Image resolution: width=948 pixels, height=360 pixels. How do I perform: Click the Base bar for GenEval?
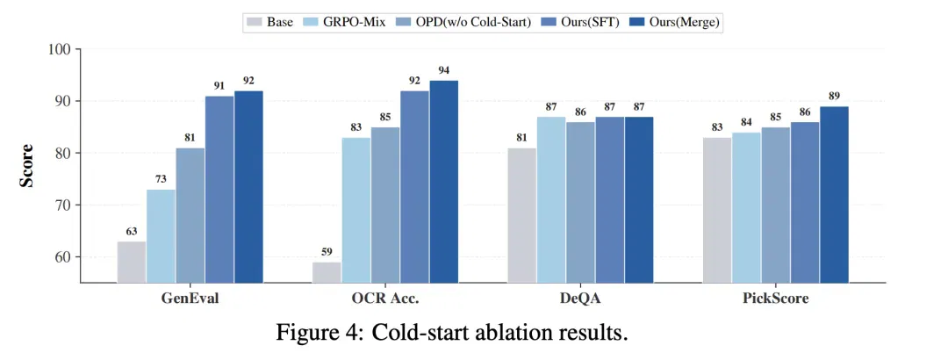(x=131, y=262)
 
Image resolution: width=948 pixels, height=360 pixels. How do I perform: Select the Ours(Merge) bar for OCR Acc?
(x=444, y=182)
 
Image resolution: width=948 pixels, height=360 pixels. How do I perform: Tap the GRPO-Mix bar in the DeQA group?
(x=551, y=199)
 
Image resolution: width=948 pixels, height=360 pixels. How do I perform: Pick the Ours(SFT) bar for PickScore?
(x=805, y=202)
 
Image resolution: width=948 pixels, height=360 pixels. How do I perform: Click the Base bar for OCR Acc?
(x=327, y=272)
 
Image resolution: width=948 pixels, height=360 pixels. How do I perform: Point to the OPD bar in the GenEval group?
(x=190, y=215)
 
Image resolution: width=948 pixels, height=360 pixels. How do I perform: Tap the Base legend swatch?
(x=255, y=22)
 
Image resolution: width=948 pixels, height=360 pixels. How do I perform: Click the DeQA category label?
(x=580, y=299)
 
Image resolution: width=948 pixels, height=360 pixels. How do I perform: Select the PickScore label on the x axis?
(x=776, y=299)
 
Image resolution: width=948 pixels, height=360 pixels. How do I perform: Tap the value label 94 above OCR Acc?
(x=444, y=71)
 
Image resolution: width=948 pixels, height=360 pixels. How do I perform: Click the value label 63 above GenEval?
(x=131, y=231)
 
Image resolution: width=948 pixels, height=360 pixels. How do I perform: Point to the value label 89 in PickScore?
(x=835, y=97)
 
